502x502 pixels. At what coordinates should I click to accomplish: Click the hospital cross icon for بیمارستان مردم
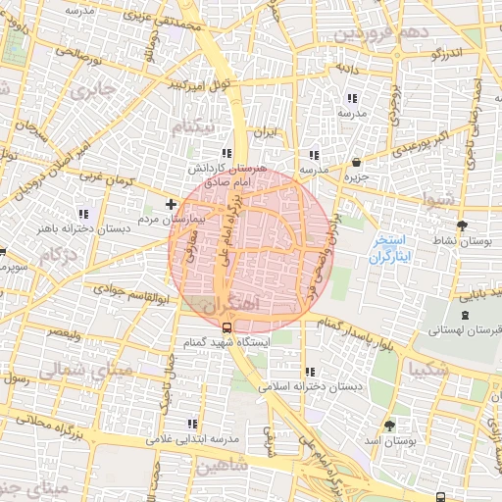point(172,205)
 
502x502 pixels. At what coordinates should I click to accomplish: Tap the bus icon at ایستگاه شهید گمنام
point(227,327)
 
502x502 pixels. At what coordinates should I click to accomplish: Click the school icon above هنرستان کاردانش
point(227,154)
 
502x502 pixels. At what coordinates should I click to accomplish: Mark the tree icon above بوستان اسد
point(390,426)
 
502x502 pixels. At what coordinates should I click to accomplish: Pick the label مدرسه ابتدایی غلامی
point(193,439)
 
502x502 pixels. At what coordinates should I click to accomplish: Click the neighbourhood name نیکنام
point(193,128)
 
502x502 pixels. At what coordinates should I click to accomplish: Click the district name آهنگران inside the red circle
point(229,305)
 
